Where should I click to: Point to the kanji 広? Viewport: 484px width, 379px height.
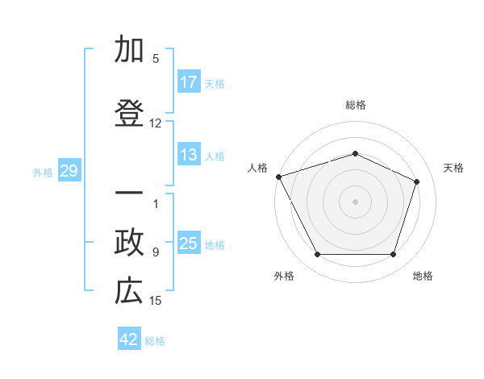(130, 292)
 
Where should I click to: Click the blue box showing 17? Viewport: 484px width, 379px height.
(188, 82)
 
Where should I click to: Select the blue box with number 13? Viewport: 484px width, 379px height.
(188, 155)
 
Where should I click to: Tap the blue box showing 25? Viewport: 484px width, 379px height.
(188, 244)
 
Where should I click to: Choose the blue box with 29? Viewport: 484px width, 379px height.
(69, 171)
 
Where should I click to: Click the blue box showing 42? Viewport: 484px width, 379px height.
(128, 339)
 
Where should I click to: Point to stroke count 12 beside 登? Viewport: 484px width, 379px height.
(156, 123)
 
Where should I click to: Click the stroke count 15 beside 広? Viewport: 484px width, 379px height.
(156, 301)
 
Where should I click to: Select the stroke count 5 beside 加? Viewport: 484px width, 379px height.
(156, 58)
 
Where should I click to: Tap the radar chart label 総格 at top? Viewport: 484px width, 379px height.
(355, 105)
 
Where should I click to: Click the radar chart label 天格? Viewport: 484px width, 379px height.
(454, 168)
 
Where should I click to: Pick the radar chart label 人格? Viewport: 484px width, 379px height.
(257, 168)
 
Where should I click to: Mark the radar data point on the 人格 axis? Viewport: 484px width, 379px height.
(278, 177)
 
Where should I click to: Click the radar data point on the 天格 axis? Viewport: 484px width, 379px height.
(417, 181)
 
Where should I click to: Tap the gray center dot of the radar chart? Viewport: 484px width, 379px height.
(355, 202)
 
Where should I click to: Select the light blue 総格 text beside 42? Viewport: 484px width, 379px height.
(155, 341)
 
